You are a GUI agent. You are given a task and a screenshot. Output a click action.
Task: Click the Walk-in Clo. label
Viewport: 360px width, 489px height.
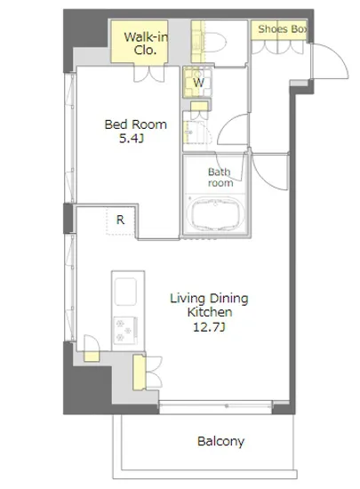(146, 44)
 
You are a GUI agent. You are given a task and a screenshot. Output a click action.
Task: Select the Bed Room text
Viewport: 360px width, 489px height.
(136, 124)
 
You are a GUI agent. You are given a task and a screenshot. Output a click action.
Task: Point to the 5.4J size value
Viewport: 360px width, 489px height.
(132, 139)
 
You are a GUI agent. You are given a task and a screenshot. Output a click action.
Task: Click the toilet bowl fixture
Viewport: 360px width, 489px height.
(214, 42)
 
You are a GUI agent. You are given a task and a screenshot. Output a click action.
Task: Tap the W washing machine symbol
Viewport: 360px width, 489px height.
(198, 83)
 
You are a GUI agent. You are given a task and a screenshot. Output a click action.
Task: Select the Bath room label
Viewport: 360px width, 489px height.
(220, 177)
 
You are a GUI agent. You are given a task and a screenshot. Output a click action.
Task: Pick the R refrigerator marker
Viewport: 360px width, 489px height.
(120, 220)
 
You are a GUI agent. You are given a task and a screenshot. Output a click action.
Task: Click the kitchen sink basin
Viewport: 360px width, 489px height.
(125, 292)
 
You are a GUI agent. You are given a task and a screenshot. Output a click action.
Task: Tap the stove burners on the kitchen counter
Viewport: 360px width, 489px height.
(125, 331)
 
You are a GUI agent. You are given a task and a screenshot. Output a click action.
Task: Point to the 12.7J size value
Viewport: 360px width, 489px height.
(209, 327)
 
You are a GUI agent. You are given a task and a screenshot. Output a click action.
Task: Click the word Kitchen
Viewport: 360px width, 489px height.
(210, 312)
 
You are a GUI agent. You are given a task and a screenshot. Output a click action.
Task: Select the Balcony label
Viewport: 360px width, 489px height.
(220, 441)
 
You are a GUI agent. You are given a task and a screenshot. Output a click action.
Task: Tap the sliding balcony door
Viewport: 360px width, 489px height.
(216, 405)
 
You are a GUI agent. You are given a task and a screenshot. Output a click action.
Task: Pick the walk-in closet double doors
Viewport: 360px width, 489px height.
(149, 74)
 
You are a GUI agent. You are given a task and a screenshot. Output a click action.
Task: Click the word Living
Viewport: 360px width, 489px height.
(185, 299)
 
